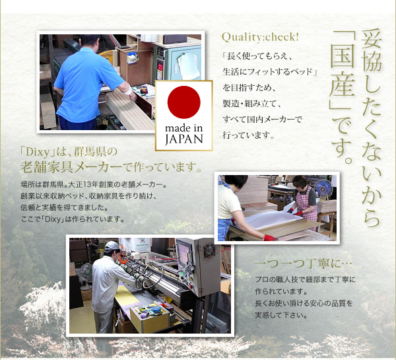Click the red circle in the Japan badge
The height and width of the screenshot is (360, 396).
[184, 102]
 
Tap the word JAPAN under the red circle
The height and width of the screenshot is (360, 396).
[184, 139]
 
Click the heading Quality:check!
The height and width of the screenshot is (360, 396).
[260, 38]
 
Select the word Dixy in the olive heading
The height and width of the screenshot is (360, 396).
[38, 153]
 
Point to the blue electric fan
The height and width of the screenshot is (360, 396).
[323, 188]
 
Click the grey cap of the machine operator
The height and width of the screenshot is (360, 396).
[112, 246]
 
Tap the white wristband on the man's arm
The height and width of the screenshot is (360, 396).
[128, 89]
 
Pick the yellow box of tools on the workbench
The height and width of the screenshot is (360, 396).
[150, 317]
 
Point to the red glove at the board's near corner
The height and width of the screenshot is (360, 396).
[270, 238]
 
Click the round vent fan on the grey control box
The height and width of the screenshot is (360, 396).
[209, 251]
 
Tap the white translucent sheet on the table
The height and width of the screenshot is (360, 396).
[272, 219]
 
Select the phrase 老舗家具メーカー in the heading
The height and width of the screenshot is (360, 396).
[71, 167]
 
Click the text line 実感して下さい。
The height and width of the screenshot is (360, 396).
[281, 315]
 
